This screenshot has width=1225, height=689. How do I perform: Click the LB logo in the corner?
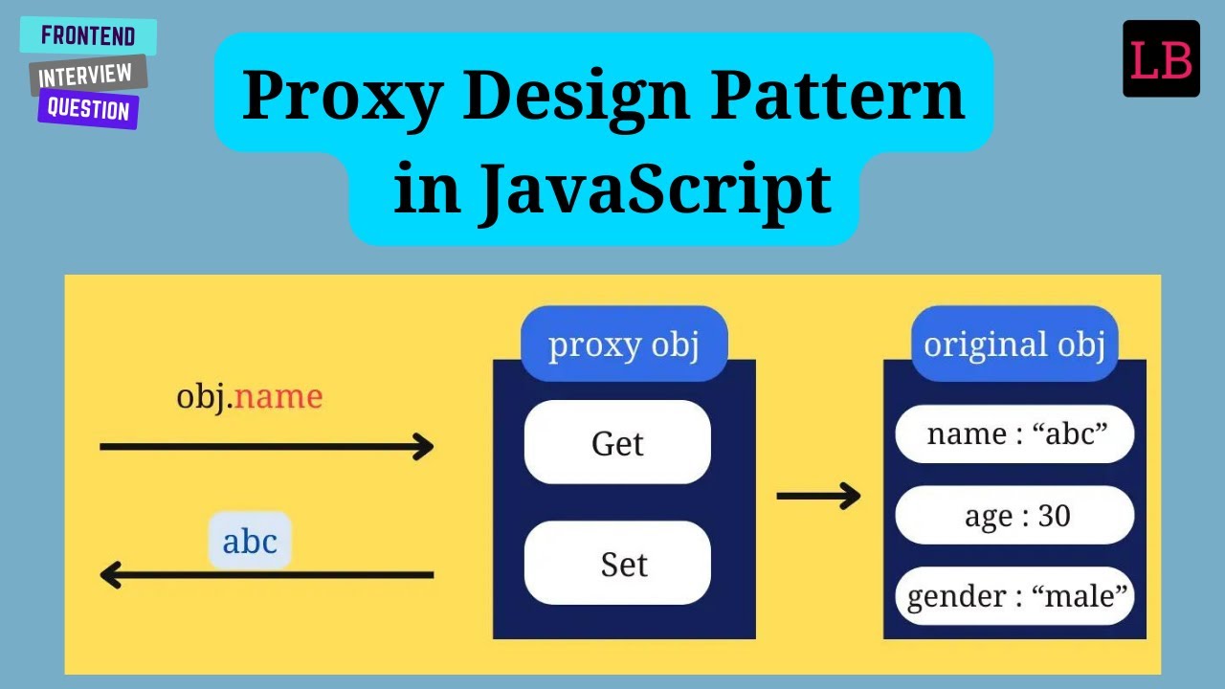click(1161, 59)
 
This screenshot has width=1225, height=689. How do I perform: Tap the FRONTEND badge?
click(88, 37)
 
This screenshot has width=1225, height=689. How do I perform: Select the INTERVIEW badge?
click(86, 75)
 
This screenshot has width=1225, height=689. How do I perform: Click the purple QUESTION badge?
click(88, 109)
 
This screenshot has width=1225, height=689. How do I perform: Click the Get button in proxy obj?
click(617, 443)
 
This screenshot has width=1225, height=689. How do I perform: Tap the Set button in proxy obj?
click(617, 564)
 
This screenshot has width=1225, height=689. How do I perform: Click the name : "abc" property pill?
click(1015, 434)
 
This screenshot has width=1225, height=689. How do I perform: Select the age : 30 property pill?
click(1015, 516)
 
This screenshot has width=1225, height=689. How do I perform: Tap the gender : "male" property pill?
click(1015, 596)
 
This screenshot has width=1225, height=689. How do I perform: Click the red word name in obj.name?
click(278, 396)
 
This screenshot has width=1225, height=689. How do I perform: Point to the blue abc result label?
click(250, 542)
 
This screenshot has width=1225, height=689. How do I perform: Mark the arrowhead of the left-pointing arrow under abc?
click(111, 575)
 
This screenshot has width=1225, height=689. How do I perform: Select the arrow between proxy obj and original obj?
click(817, 496)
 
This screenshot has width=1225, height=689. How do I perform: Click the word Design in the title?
click(575, 96)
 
